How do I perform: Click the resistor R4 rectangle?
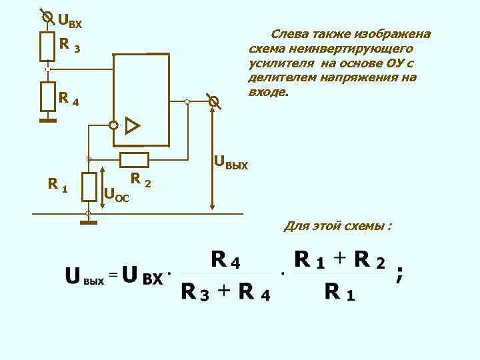point(47,97)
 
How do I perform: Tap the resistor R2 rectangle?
point(134,159)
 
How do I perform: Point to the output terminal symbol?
point(213,102)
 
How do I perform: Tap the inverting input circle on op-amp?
point(113,125)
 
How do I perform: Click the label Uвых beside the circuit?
point(230,162)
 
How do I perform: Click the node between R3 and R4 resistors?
point(47,69)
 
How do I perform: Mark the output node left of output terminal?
point(187,102)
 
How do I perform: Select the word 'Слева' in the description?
point(287,33)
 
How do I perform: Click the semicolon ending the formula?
point(399,273)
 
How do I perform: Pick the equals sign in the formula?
point(113,274)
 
